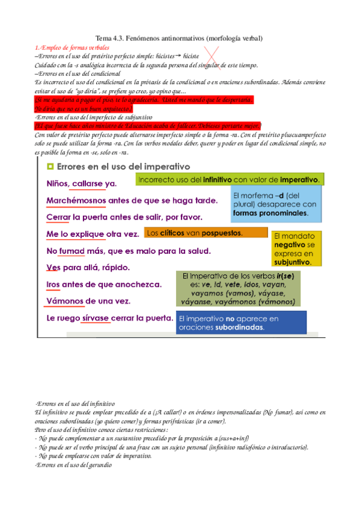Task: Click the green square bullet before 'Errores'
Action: pyautogui.click(x=50, y=166)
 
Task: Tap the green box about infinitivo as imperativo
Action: pyautogui.click(x=230, y=180)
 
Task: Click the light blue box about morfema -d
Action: pyautogui.click(x=276, y=204)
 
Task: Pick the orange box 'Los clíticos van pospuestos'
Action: pyautogui.click(x=206, y=233)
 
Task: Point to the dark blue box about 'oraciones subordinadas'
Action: pyautogui.click(x=240, y=323)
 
